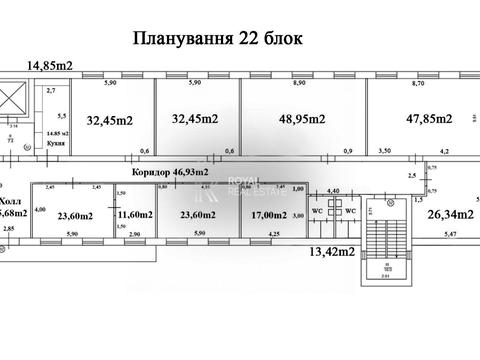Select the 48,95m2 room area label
click(x=301, y=119)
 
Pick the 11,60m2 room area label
click(x=135, y=214)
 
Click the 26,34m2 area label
click(x=449, y=213)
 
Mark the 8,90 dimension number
click(x=299, y=85)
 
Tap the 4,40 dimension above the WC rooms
click(x=335, y=191)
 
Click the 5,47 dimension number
click(x=452, y=233)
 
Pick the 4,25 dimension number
click(x=273, y=233)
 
